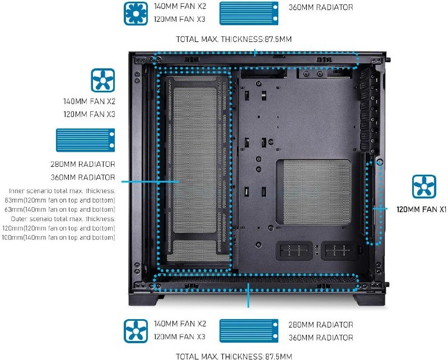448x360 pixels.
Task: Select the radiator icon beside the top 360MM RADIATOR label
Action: [248, 13]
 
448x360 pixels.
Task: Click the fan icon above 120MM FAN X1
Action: [423, 187]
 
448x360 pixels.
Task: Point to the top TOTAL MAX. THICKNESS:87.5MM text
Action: [234, 39]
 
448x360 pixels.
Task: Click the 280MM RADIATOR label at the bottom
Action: [320, 325]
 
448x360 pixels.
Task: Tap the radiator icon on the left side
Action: [85, 140]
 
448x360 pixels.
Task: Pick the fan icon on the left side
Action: [103, 80]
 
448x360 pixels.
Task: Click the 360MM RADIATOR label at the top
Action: [320, 8]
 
